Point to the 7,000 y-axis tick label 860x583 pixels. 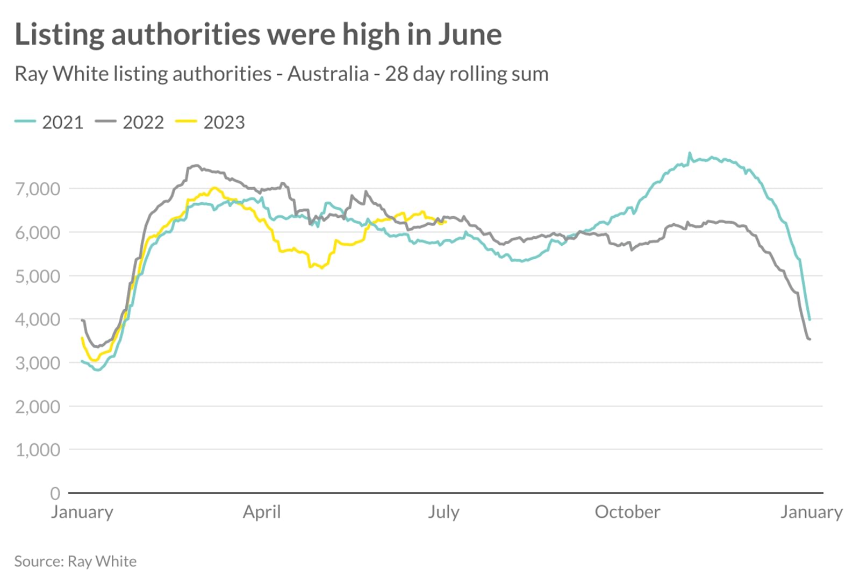[x=38, y=189]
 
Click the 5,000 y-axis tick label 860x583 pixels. [x=38, y=276]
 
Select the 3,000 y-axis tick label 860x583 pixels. [x=38, y=363]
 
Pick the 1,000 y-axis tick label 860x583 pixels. [x=38, y=450]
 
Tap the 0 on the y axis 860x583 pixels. [x=55, y=493]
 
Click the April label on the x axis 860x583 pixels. [x=262, y=511]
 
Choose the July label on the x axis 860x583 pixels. [x=443, y=511]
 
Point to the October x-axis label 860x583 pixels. [x=627, y=511]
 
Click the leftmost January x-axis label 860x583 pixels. [x=82, y=511]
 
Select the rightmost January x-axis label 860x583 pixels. [x=811, y=511]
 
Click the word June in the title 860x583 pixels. [x=469, y=34]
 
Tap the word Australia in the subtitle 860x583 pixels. [x=328, y=74]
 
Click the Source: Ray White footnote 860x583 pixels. [x=75, y=561]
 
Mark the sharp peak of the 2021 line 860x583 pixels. [x=690, y=153]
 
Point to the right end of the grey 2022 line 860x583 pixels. [x=809, y=339]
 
